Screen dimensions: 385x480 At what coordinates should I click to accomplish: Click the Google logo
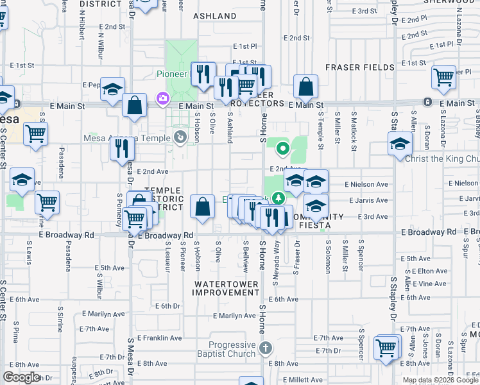pyautogui.click(x=21, y=377)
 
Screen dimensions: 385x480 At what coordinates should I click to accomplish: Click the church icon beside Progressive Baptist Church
pyautogui.click(x=266, y=350)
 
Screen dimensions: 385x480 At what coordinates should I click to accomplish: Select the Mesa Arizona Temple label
pyautogui.click(x=127, y=137)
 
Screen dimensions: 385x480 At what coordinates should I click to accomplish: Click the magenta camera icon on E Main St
pyautogui.click(x=162, y=98)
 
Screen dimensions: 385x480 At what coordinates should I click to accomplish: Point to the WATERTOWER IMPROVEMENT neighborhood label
pyautogui.click(x=227, y=288)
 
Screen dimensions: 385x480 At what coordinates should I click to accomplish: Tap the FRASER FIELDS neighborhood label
pyautogui.click(x=359, y=67)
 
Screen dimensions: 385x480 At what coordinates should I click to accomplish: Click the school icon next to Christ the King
pyautogui.click(x=400, y=143)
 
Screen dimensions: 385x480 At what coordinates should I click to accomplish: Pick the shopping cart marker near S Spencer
pyautogui.click(x=386, y=348)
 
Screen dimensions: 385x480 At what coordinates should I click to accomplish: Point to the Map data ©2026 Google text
pyautogui.click(x=440, y=380)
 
